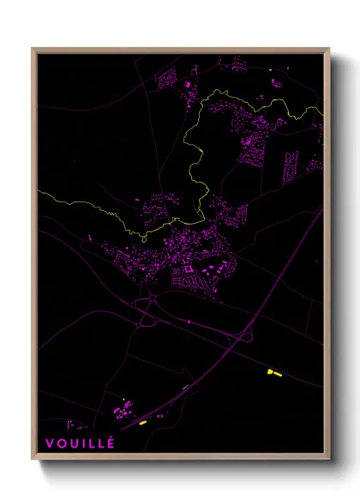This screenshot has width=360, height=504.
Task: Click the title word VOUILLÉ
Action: (76, 443)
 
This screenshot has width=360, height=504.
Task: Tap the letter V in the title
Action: (50, 443)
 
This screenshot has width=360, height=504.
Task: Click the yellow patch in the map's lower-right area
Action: (274, 372)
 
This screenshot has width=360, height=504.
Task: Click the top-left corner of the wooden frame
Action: (33, 49)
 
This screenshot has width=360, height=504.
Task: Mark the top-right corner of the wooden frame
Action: (329, 49)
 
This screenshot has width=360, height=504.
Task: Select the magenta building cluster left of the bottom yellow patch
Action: (122, 410)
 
